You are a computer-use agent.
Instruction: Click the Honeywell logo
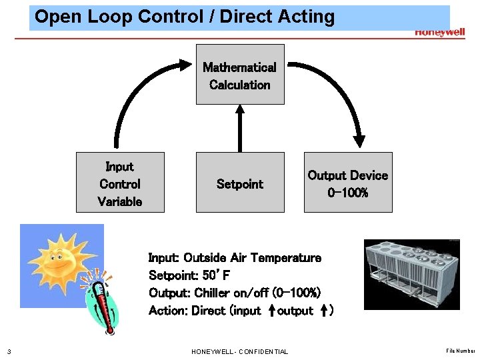point(439,32)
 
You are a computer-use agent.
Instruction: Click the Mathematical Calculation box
point(240,75)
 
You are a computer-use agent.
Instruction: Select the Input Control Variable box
point(120,183)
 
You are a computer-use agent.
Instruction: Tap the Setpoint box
point(240,183)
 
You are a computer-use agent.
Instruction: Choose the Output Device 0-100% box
point(348,183)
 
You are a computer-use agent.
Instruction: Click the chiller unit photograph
point(411,273)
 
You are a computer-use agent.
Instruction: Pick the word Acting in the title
point(306,17)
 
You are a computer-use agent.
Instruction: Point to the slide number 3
point(8,351)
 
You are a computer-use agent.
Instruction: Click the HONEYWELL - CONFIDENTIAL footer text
point(240,351)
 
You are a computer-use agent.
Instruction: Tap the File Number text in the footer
point(461,351)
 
